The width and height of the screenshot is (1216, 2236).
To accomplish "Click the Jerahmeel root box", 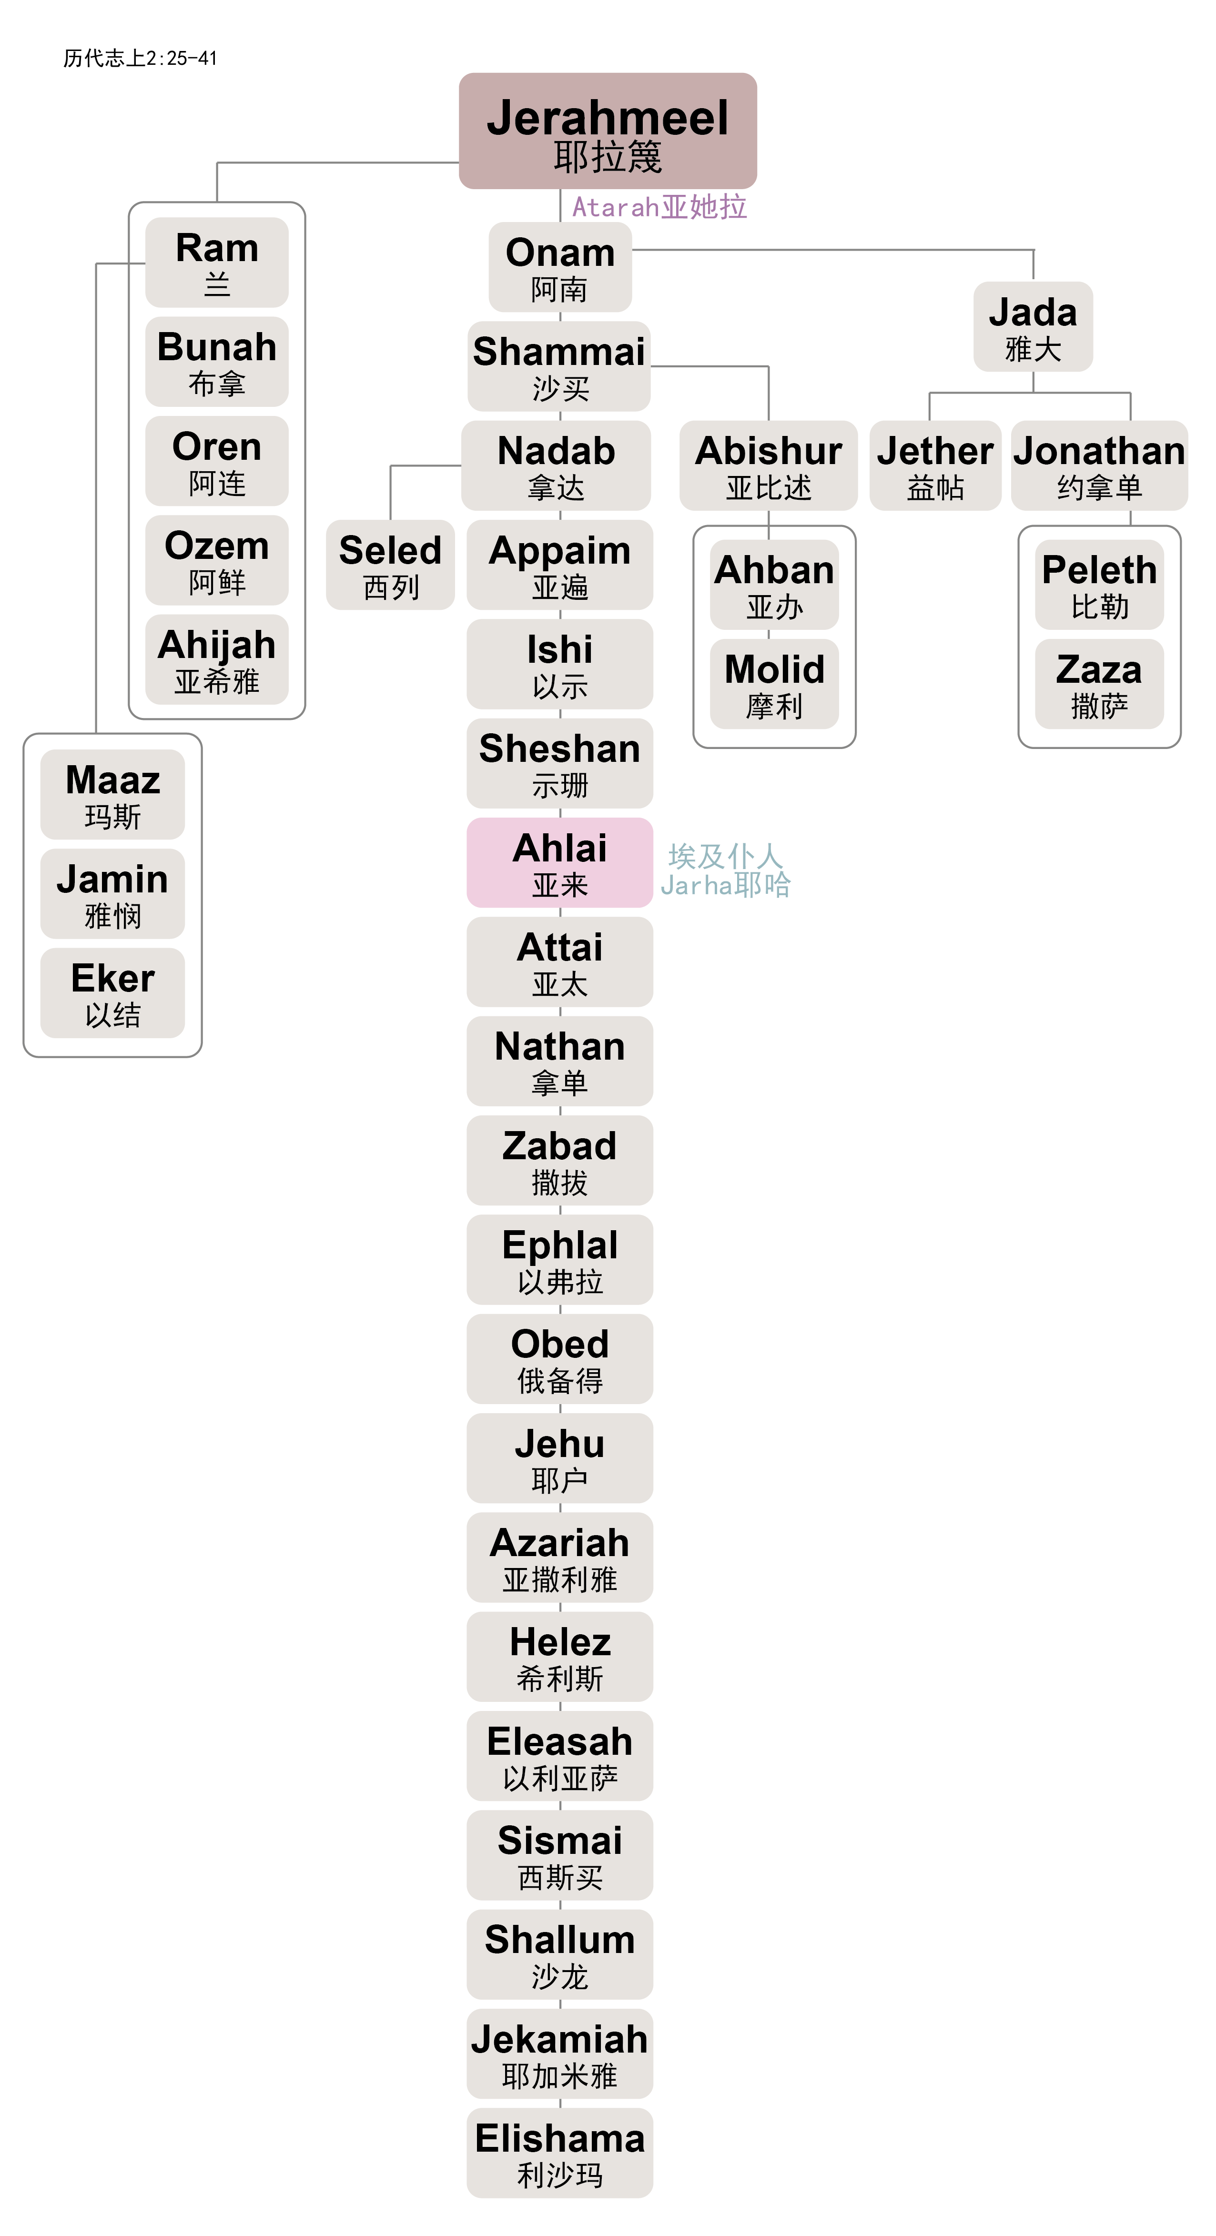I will click(608, 131).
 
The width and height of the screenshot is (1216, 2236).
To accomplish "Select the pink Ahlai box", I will click(560, 863).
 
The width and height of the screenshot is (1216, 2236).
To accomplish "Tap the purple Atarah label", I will click(659, 207).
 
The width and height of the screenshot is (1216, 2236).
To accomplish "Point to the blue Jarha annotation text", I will click(726, 884).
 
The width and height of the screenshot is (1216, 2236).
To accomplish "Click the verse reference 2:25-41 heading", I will click(140, 58).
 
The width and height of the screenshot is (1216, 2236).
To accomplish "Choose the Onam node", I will click(560, 267).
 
